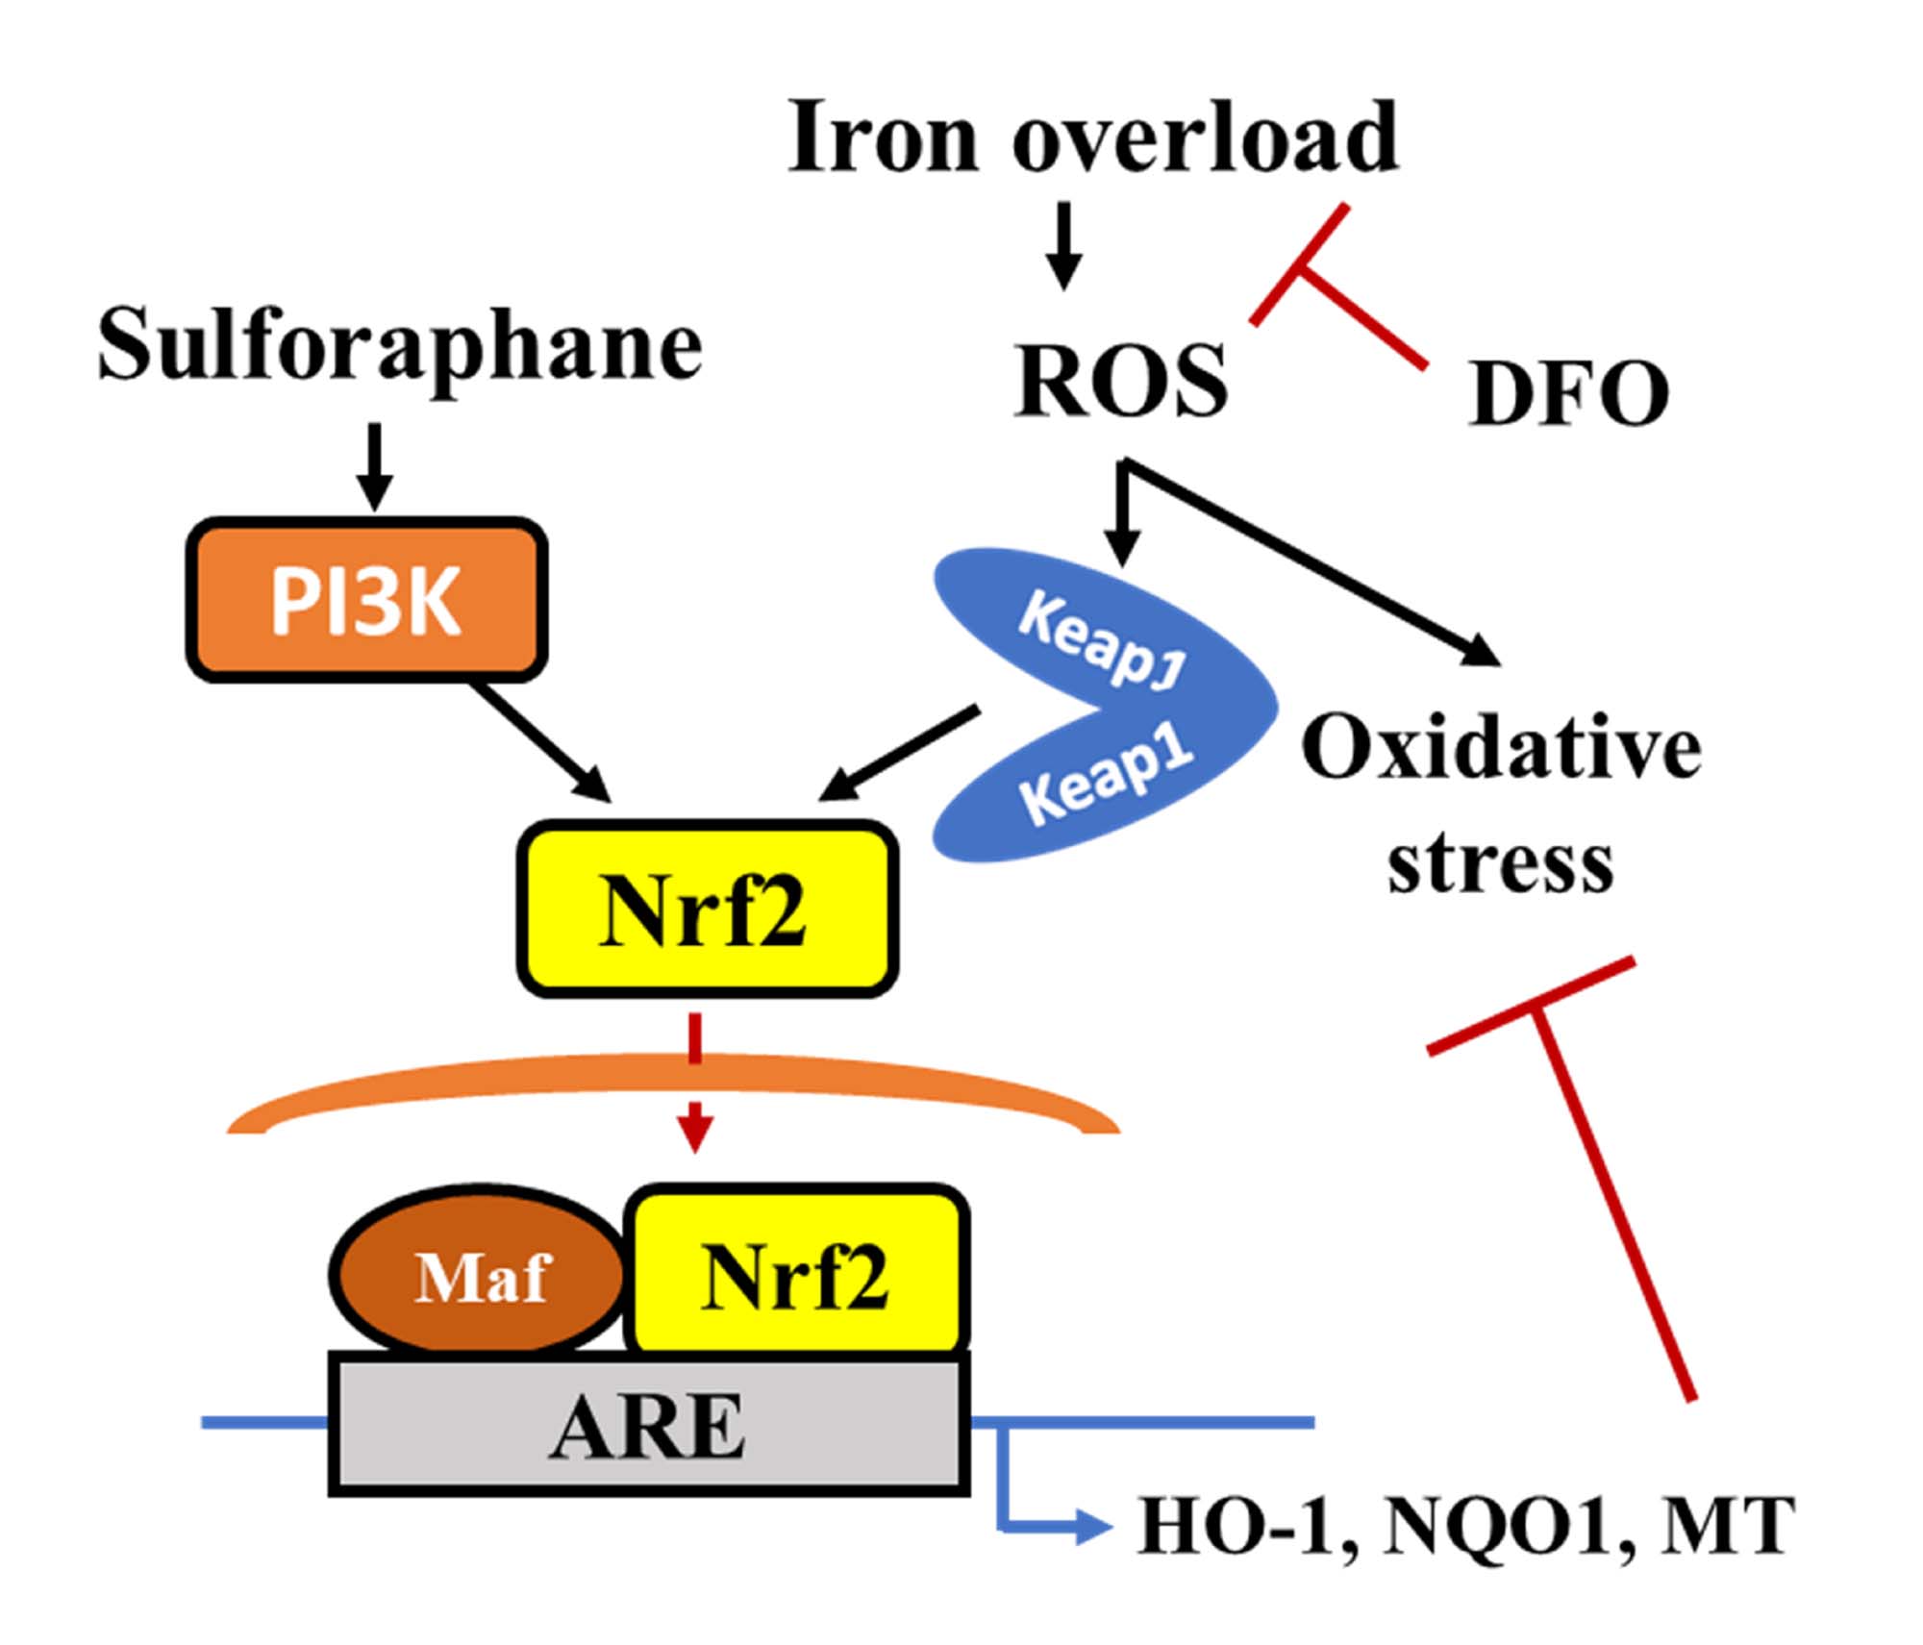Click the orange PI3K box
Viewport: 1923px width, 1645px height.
point(366,601)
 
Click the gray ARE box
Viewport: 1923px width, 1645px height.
point(648,1426)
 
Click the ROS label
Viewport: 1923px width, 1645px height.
point(1121,382)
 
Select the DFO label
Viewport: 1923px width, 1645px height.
point(1568,393)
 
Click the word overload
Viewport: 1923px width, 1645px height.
point(1206,138)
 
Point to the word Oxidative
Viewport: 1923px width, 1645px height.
point(1501,749)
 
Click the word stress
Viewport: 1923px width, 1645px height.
point(1500,862)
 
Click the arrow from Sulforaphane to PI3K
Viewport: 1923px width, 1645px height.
point(375,466)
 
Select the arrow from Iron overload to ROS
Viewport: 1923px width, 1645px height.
point(1063,245)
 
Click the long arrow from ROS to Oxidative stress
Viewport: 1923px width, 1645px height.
point(1317,567)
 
